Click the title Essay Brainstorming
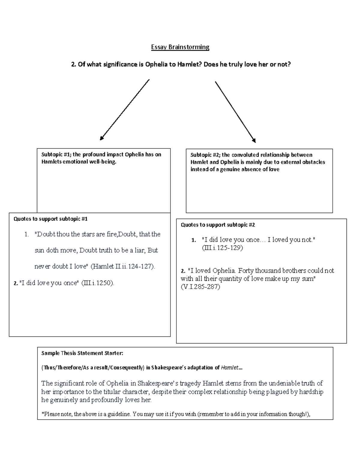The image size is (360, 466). pos(180,47)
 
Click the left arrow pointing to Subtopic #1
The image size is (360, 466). pos(125,110)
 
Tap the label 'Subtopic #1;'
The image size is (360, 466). pos(56,155)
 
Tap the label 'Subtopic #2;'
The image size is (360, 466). pos(205,155)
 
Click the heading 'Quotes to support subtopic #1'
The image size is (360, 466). pos(50,219)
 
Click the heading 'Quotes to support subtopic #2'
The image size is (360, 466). pos(218,225)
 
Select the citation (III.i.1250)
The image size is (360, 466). pos(98,283)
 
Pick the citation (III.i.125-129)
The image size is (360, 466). pos(222,248)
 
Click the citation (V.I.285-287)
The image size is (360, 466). pos(200,287)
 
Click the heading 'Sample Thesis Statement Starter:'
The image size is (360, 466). pos(82,353)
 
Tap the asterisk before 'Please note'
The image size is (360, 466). pos(43,414)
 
